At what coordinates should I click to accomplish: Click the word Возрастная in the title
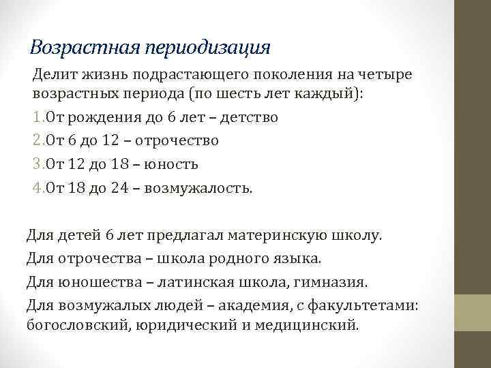coord(85,47)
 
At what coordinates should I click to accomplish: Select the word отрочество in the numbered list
coord(177,140)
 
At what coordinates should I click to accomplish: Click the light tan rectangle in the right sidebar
coord(473,313)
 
